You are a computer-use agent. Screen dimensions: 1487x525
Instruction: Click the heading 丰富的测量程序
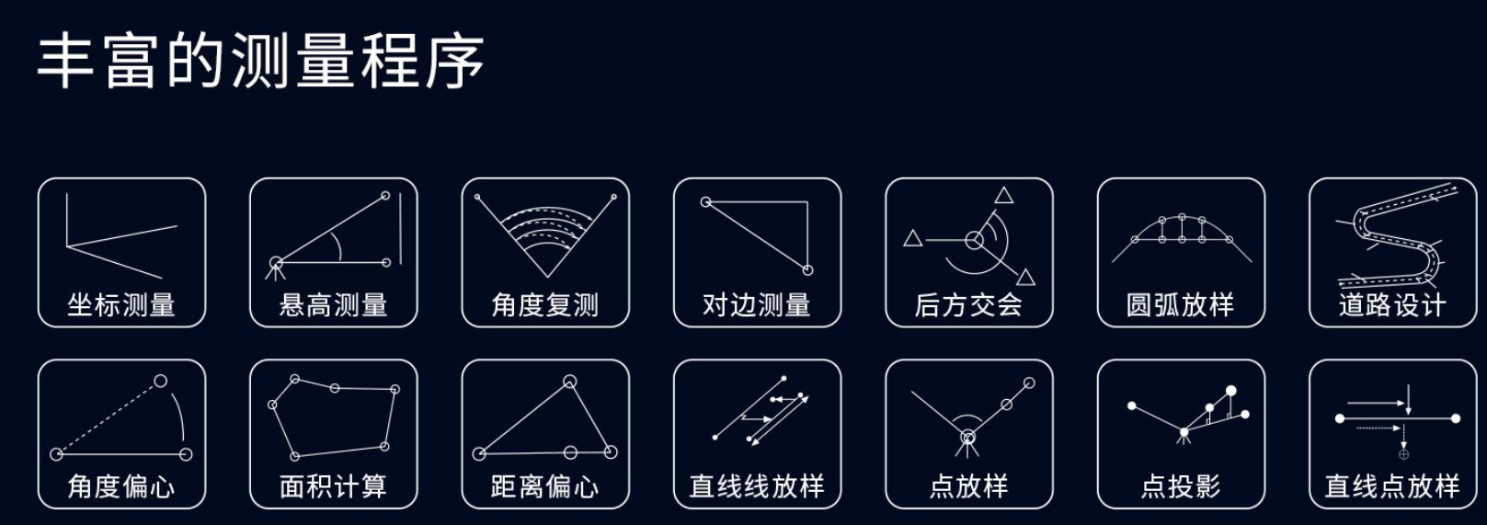[260, 61]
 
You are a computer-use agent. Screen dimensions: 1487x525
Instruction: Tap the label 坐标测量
[121, 305]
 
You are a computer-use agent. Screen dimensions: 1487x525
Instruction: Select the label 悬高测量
[333, 305]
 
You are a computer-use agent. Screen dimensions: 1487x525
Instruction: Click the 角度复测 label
[545, 305]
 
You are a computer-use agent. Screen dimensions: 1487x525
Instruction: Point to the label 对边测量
[757, 305]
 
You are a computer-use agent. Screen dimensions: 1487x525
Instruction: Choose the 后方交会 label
[968, 305]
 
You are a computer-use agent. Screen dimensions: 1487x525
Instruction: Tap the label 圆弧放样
[1180, 305]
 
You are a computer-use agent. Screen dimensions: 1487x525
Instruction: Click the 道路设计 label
[1392, 305]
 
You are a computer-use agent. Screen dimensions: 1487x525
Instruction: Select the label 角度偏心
[121, 486]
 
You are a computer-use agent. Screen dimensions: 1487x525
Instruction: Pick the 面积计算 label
[333, 486]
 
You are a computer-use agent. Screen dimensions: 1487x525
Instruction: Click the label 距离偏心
[545, 486]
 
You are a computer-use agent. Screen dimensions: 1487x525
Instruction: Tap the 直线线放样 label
[757, 486]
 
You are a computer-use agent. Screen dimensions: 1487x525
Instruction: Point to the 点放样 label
[968, 486]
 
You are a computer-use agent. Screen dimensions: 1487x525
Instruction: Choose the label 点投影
[1180, 486]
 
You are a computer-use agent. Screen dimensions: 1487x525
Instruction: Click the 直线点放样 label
[1392, 486]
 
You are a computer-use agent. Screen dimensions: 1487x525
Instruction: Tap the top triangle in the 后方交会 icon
[1003, 196]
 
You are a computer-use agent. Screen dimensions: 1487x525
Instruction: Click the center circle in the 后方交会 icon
[974, 240]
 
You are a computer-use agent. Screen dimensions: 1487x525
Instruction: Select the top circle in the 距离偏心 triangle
[569, 382]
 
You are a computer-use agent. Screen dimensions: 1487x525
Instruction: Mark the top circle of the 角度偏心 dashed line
[161, 381]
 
